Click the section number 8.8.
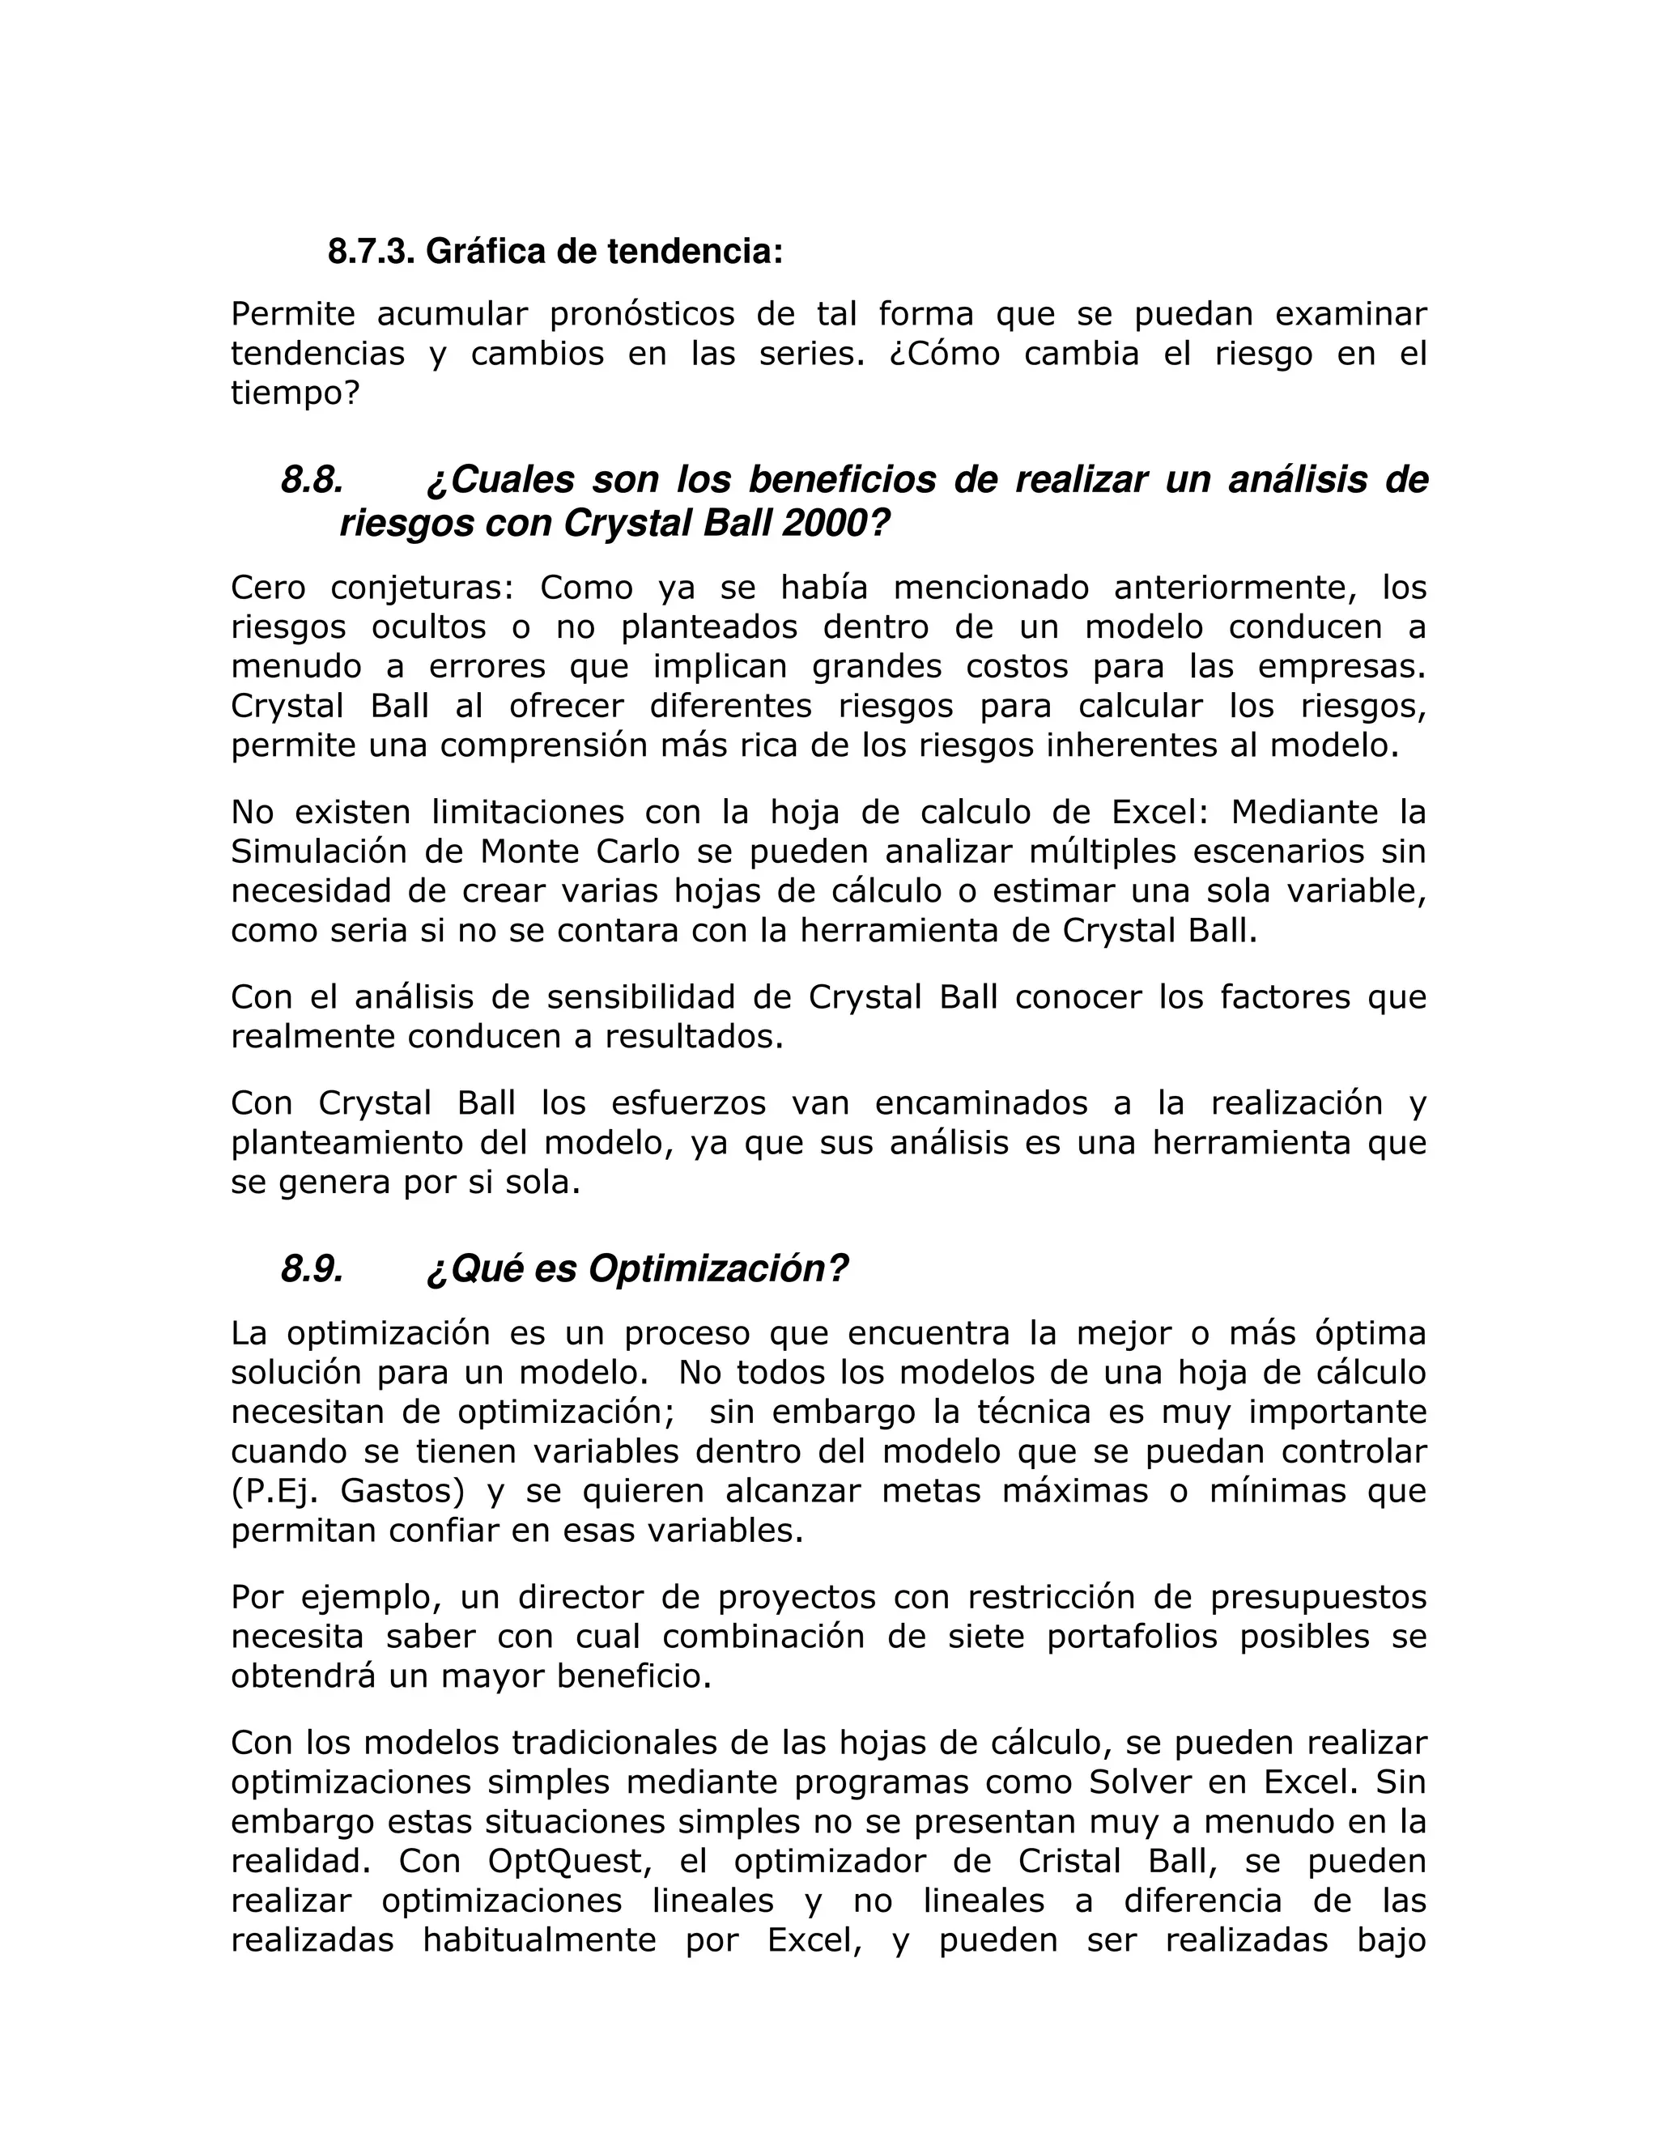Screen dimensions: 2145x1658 [x=312, y=480]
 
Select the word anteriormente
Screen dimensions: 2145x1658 [x=1235, y=588]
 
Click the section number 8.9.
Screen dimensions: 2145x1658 [x=312, y=1270]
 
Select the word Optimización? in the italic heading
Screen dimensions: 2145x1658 [x=717, y=1270]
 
